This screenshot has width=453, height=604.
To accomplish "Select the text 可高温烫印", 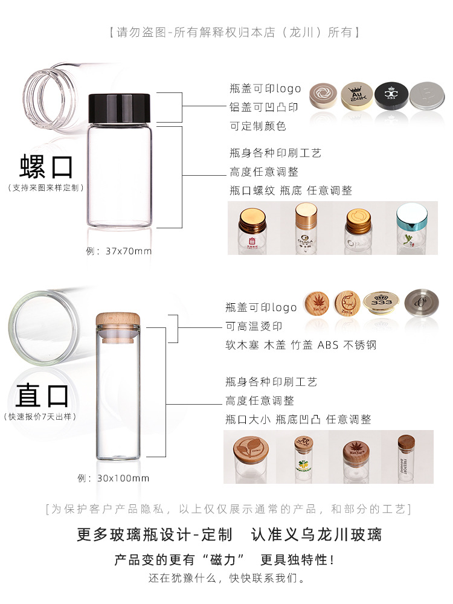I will pos(254,326).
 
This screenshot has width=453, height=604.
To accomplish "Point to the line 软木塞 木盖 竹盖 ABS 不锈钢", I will pos(300,345).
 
